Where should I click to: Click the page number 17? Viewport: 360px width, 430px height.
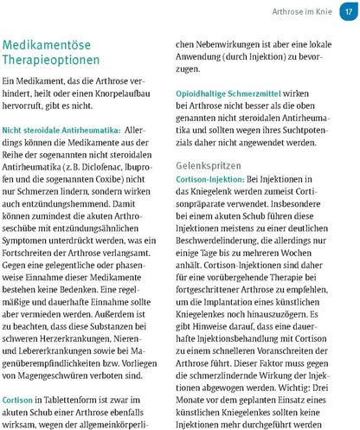point(346,12)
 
